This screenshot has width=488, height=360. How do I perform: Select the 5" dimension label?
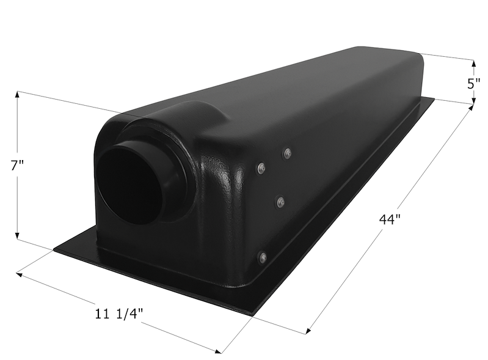473,83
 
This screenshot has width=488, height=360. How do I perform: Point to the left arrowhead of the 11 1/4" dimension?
20,274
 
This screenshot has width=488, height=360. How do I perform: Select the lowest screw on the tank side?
262,257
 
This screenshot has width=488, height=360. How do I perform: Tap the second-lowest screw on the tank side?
280,200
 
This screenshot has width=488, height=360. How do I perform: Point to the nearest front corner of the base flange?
251,313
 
